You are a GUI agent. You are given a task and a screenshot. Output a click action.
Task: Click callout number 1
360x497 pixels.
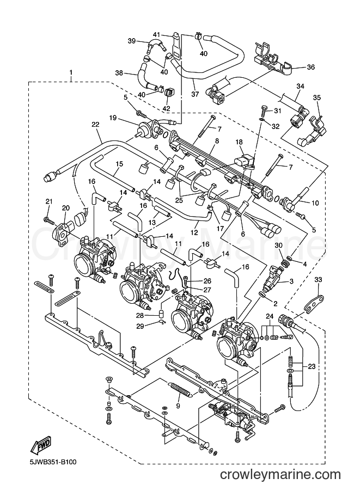click(71, 72)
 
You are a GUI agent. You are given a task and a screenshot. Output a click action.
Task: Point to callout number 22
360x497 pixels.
click(95, 124)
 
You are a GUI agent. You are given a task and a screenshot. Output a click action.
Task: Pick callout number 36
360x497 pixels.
click(311, 67)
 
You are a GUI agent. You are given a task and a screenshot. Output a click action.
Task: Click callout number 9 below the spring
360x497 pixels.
click(178, 406)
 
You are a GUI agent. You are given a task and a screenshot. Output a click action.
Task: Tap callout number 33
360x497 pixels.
click(318, 280)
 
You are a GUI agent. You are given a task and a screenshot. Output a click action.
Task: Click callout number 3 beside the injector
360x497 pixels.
click(291, 281)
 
